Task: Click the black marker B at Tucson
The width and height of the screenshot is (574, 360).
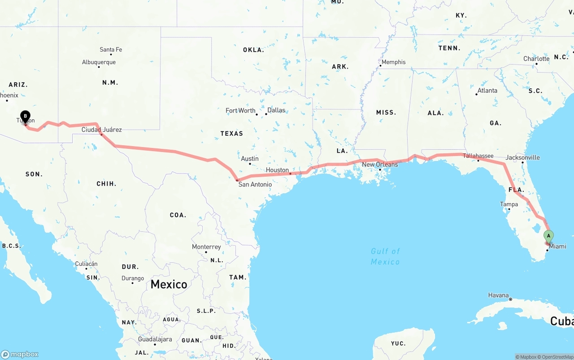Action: pyautogui.click(x=26, y=117)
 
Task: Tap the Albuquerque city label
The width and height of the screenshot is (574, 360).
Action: pyautogui.click(x=99, y=62)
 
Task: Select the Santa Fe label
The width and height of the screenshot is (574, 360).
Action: pyautogui.click(x=111, y=50)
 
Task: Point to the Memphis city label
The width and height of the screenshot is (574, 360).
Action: pyautogui.click(x=393, y=62)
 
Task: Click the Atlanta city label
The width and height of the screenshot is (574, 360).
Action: pyautogui.click(x=487, y=91)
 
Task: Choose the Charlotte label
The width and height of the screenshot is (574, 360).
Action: pyautogui.click(x=536, y=59)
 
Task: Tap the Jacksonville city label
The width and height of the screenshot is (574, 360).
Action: pyautogui.click(x=522, y=158)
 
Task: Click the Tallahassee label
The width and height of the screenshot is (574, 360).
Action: pyautogui.click(x=478, y=156)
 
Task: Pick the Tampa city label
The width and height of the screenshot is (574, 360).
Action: pyautogui.click(x=509, y=204)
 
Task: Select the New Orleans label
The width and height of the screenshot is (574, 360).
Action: pyautogui.click(x=380, y=165)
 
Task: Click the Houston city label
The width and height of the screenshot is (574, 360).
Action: pyautogui.click(x=277, y=170)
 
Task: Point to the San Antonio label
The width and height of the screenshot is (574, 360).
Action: pyautogui.click(x=255, y=184)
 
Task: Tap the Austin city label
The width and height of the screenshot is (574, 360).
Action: pyautogui.click(x=250, y=159)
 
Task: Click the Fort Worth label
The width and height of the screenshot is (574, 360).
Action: pyautogui.click(x=240, y=111)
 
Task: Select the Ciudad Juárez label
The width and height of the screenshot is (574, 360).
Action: pyautogui.click(x=101, y=130)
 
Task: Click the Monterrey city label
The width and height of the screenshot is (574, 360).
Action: pyautogui.click(x=206, y=247)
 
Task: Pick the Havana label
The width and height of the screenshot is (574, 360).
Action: pyautogui.click(x=498, y=295)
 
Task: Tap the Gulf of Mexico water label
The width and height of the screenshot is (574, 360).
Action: pyautogui.click(x=385, y=256)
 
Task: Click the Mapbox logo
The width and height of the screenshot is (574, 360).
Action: pyautogui.click(x=20, y=354)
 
